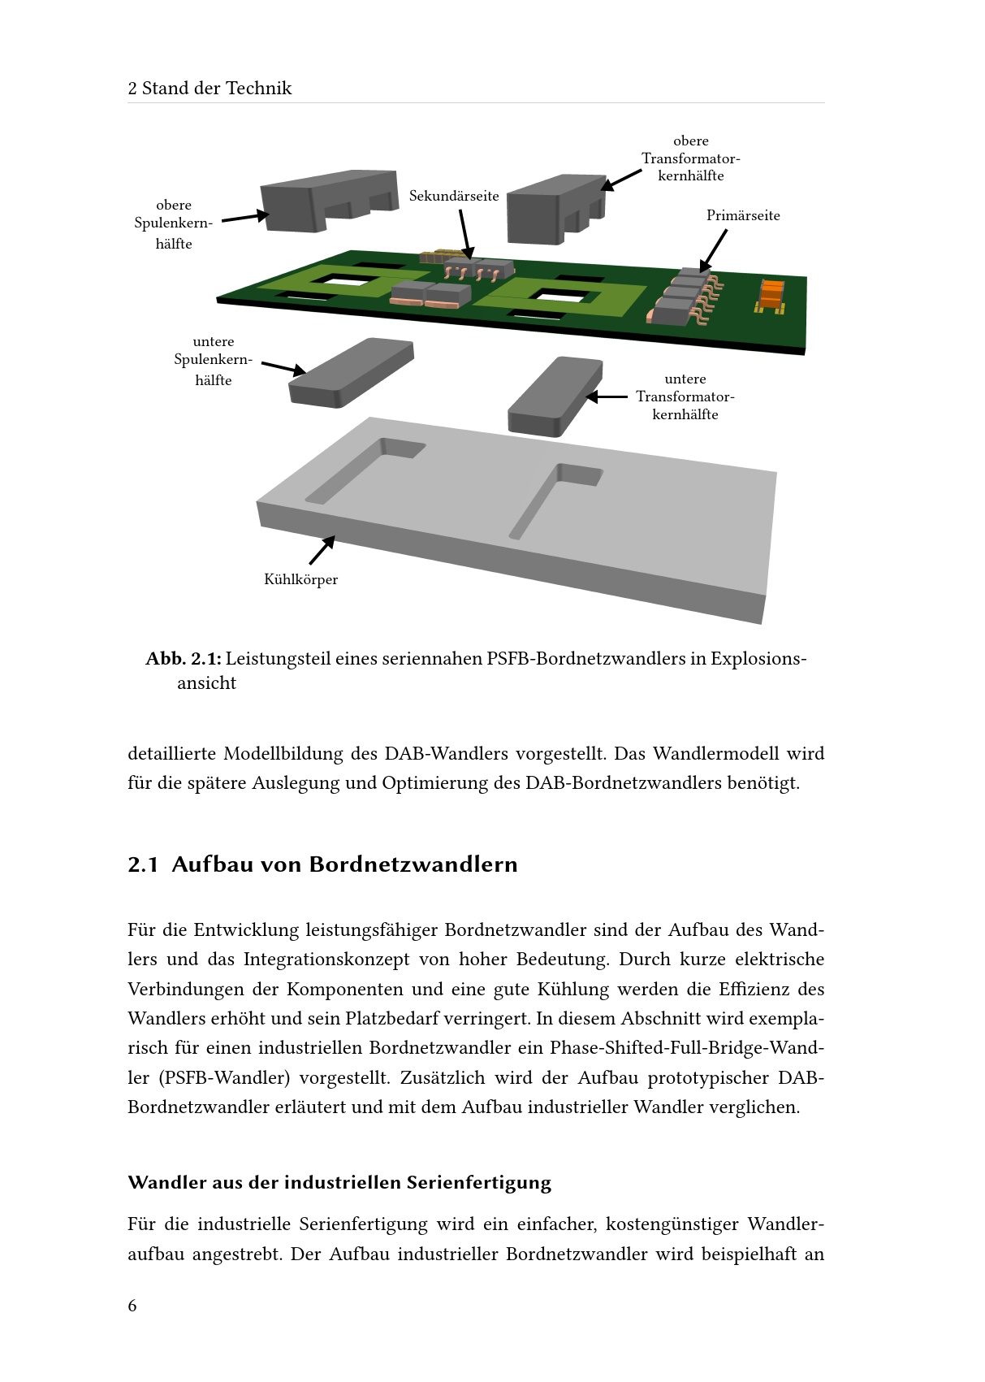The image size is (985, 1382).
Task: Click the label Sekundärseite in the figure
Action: coord(454,196)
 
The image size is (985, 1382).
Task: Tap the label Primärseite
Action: coord(742,215)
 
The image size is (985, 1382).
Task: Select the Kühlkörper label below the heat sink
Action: coord(301,579)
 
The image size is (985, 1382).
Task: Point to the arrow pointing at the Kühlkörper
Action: coord(322,550)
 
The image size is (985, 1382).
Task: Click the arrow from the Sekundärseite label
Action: coord(466,234)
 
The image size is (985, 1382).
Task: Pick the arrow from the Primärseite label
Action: coord(713,251)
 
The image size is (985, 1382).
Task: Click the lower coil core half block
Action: coord(350,371)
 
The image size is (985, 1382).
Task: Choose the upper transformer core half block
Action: coord(555,209)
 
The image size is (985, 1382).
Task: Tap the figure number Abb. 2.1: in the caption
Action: coord(184,659)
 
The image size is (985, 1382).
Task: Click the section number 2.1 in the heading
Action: coord(142,864)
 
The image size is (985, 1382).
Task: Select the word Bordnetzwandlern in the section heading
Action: coord(413,864)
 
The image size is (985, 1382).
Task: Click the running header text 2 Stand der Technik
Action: coord(210,89)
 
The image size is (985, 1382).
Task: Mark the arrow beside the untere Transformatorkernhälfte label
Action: coord(607,397)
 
